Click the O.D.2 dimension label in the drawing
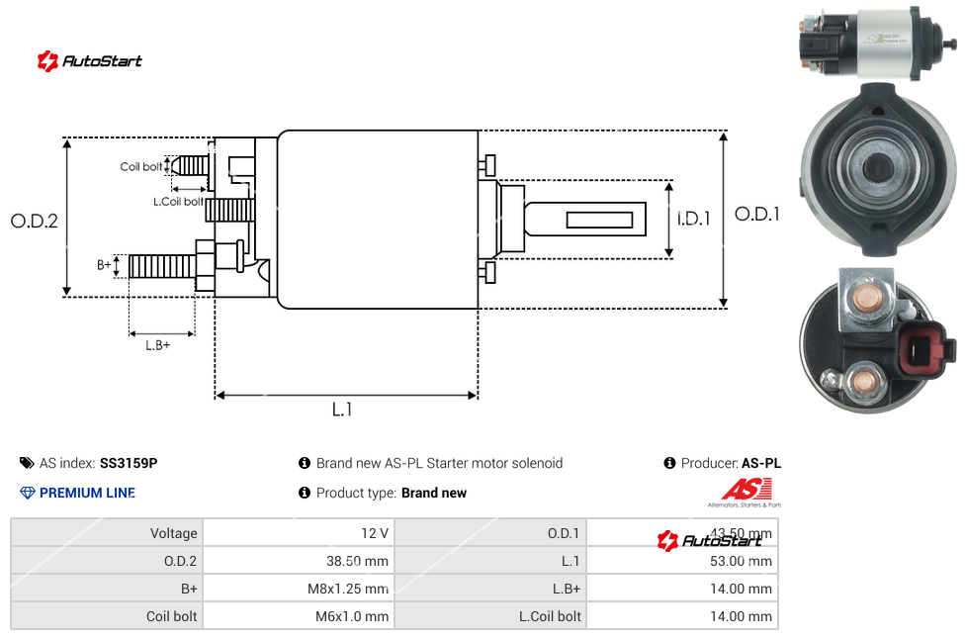[x=35, y=221]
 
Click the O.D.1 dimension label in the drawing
[x=757, y=214]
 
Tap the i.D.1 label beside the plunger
[x=694, y=219]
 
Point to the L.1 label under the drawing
[x=342, y=410]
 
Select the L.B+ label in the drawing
[x=158, y=345]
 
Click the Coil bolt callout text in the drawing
[x=140, y=167]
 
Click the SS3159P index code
[x=129, y=463]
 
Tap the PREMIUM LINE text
[x=87, y=493]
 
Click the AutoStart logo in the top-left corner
[x=90, y=60]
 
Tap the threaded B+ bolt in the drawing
[x=163, y=266]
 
